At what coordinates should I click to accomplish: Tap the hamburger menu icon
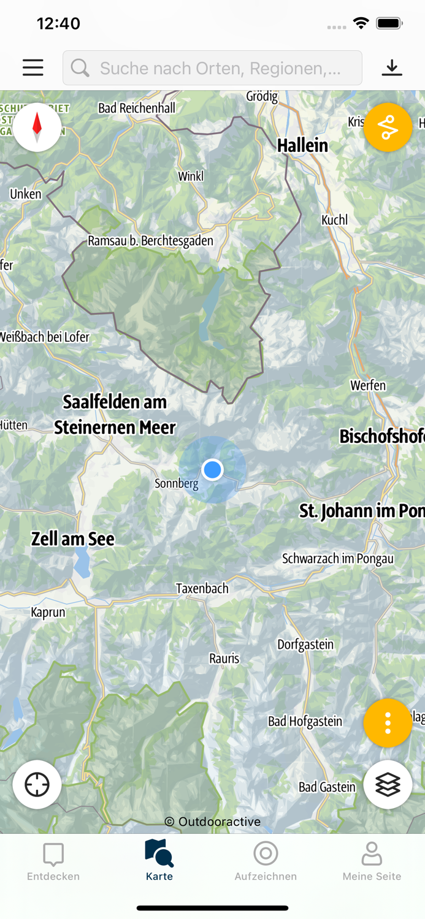[x=33, y=67]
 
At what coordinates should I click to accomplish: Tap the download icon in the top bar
[x=392, y=67]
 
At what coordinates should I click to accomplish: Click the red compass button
[x=37, y=127]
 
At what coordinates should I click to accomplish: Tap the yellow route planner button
[x=388, y=127]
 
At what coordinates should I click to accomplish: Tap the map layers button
[x=388, y=784]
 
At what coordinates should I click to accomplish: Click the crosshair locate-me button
[x=37, y=784]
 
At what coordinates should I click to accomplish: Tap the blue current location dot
[x=212, y=470]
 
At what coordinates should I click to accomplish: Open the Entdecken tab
[x=53, y=861]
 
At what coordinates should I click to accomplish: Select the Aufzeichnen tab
[x=266, y=861]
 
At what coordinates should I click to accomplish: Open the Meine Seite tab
[x=372, y=861]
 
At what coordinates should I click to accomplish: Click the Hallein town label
[x=302, y=146]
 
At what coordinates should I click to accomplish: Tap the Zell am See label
[x=73, y=539]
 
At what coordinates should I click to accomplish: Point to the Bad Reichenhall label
[x=137, y=108]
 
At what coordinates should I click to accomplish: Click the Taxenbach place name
[x=202, y=589]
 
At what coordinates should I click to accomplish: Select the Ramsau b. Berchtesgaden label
[x=150, y=241]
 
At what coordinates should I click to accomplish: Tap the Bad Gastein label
[x=327, y=787]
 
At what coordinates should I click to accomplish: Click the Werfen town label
[x=368, y=385]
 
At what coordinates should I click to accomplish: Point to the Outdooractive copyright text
[x=213, y=822]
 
